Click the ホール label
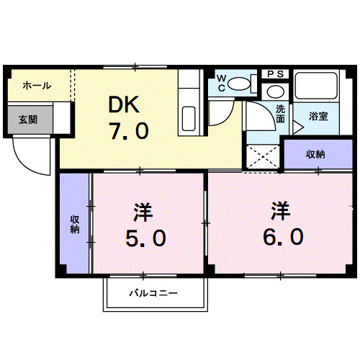point(37,86)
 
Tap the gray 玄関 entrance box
point(30,120)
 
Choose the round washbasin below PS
point(274,92)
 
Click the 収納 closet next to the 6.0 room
point(315,153)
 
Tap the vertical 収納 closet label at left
point(74,224)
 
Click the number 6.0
point(281,236)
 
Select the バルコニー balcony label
point(154,293)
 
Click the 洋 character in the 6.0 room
point(281,210)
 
